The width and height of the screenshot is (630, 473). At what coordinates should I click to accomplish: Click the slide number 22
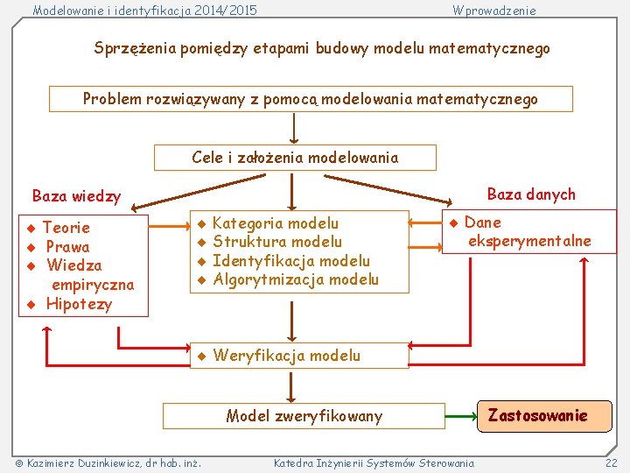[x=611, y=462]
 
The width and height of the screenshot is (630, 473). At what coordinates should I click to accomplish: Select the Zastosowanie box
[x=537, y=415]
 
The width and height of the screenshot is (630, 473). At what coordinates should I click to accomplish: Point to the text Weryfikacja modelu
[x=286, y=355]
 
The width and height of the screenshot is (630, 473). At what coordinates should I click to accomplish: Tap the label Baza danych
[x=531, y=194]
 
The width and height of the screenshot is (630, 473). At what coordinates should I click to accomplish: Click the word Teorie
[x=66, y=228]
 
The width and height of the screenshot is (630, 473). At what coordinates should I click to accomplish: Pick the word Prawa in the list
[x=67, y=246]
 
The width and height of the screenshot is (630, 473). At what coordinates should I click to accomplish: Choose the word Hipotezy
[x=79, y=304]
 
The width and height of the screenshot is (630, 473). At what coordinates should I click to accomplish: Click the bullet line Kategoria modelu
[x=275, y=223]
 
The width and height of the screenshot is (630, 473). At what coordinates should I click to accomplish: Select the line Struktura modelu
[x=277, y=242]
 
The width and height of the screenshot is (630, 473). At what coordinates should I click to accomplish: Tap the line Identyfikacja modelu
[x=290, y=260]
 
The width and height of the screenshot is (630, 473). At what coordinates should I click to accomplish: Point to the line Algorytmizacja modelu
[x=295, y=279]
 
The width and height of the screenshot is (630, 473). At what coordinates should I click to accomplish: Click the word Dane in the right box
[x=482, y=222]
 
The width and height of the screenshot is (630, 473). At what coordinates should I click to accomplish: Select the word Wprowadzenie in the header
[x=494, y=11]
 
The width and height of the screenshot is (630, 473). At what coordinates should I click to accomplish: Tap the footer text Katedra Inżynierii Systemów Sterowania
[x=374, y=462]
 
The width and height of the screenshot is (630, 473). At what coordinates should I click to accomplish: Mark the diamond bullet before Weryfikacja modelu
[x=200, y=356]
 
